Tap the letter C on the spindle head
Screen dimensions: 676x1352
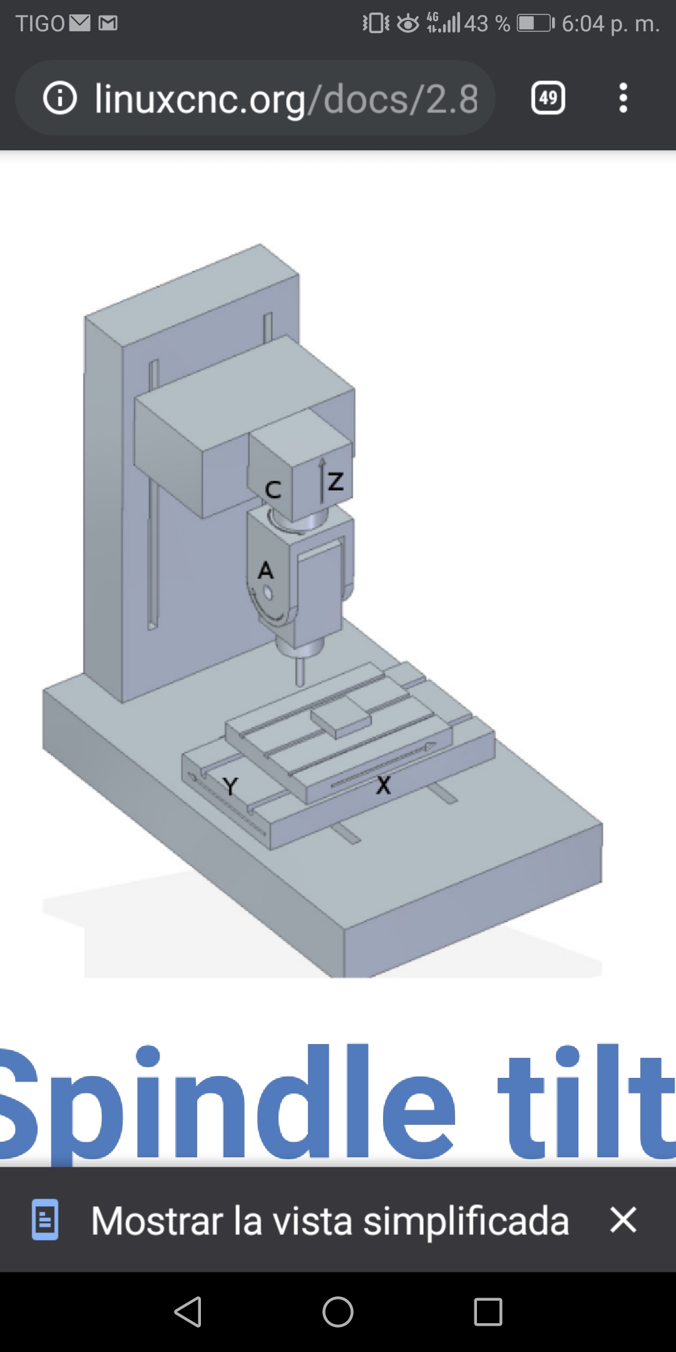(273, 489)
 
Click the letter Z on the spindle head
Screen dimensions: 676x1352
(336, 481)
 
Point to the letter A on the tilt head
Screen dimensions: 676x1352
(266, 570)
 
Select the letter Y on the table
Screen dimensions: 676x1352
(230, 786)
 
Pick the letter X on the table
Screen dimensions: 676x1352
(383, 785)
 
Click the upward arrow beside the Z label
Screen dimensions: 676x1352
(322, 480)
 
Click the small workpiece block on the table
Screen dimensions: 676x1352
(341, 720)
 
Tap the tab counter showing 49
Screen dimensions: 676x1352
(548, 98)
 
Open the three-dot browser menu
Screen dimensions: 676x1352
(623, 98)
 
